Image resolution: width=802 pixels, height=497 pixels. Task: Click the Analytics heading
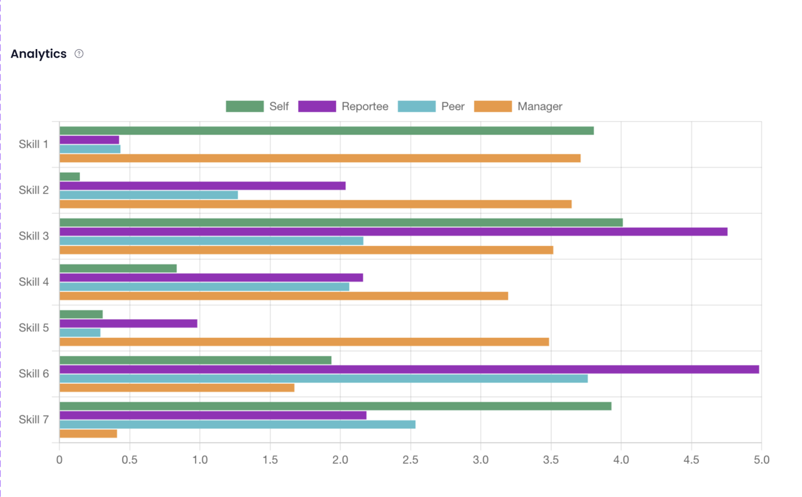(38, 54)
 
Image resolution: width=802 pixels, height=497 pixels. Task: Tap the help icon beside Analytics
(79, 54)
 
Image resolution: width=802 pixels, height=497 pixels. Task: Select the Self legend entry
(257, 106)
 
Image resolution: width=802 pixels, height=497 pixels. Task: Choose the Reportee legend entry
(343, 106)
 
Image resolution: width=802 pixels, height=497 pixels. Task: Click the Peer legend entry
(431, 106)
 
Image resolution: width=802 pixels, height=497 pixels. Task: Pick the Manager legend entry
(518, 106)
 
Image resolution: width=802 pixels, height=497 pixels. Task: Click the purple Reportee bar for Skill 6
(409, 369)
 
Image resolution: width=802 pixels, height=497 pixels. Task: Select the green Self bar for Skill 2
(70, 177)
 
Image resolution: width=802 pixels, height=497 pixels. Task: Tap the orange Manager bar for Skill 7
(88, 433)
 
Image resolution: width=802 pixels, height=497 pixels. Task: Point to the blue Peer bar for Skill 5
(80, 333)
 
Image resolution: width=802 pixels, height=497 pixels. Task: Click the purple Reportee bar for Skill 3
(393, 232)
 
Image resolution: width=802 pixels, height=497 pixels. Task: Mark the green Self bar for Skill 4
(118, 269)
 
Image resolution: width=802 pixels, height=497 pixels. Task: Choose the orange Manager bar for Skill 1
(320, 158)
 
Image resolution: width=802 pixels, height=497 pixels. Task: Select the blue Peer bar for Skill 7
(237, 425)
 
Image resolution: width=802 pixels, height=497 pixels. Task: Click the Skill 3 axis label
(34, 236)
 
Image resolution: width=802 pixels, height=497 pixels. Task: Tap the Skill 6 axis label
(34, 374)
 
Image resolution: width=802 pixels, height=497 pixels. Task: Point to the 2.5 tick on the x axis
(410, 460)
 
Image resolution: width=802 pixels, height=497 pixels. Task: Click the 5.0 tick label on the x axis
(761, 460)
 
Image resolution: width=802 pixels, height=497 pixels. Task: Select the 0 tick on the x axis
(60, 460)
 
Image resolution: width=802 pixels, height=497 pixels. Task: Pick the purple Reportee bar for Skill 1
(89, 140)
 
